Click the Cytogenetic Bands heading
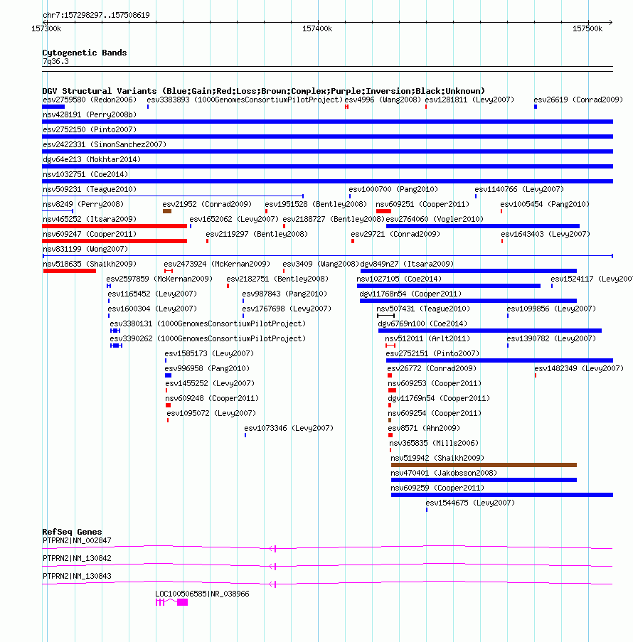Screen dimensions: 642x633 [84, 53]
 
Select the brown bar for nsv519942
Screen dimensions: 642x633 [484, 465]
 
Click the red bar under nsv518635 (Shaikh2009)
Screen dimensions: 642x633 [69, 271]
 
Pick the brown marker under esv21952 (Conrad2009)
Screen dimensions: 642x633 [167, 211]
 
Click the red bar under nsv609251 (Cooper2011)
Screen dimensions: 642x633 [383, 211]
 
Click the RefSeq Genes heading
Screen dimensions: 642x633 [72, 532]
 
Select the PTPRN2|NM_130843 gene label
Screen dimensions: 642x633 [77, 576]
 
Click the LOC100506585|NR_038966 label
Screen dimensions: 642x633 [202, 593]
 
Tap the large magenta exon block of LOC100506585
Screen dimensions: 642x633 [183, 602]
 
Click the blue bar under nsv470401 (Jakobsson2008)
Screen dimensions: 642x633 [484, 480]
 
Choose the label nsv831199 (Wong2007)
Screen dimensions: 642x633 [85, 249]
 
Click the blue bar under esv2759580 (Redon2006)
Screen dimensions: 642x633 [53, 107]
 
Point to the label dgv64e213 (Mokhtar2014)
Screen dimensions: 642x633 [92, 159]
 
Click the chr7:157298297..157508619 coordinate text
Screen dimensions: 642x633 [96, 15]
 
